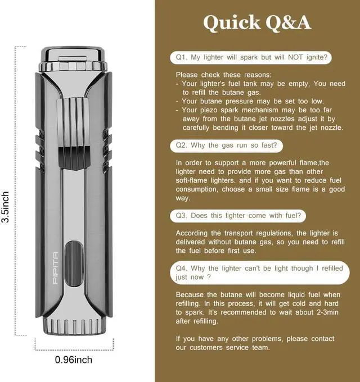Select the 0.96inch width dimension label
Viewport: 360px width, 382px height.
pos(74,360)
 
